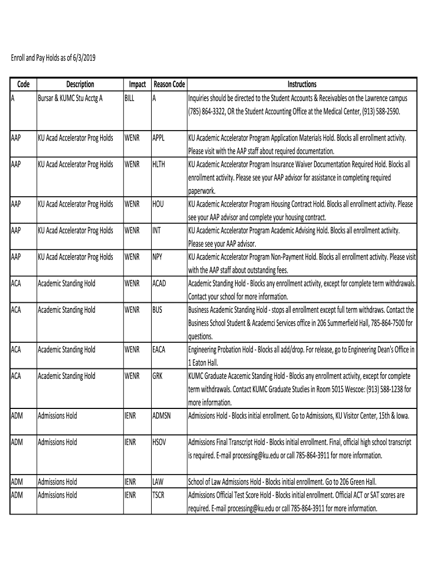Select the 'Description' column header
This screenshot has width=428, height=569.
(80, 84)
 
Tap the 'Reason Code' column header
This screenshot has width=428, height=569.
(169, 84)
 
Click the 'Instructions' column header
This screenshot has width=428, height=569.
(302, 84)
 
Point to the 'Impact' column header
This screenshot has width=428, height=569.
(137, 84)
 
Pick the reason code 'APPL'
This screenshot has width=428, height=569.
(159, 138)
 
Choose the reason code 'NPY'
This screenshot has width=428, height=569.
(158, 257)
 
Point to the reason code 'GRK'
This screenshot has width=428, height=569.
(158, 376)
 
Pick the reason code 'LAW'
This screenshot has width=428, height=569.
(158, 482)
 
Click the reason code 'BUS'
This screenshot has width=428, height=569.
(157, 310)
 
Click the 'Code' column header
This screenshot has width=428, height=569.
(23, 84)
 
